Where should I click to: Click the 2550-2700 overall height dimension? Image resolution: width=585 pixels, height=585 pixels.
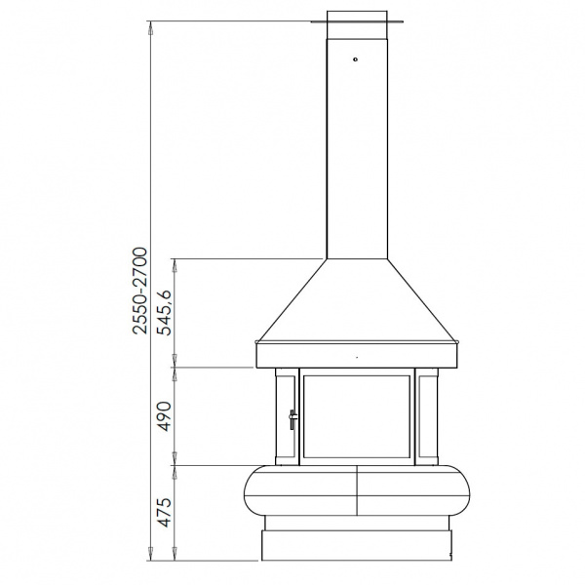(x=140, y=290)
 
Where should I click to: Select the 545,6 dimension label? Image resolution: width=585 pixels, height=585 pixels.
(x=164, y=312)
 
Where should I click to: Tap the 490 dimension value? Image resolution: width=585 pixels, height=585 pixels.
(x=164, y=416)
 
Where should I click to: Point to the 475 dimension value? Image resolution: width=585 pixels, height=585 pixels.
(x=164, y=512)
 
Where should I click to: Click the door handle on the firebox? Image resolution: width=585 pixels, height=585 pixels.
(x=293, y=419)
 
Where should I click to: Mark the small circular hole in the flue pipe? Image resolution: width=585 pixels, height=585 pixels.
(x=355, y=58)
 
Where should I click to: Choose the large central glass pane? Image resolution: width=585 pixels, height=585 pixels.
(x=357, y=416)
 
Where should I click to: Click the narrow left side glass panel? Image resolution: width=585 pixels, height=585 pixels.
(x=287, y=416)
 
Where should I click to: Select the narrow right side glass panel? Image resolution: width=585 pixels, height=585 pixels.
(x=428, y=416)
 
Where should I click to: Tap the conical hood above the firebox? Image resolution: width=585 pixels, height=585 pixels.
(x=357, y=300)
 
